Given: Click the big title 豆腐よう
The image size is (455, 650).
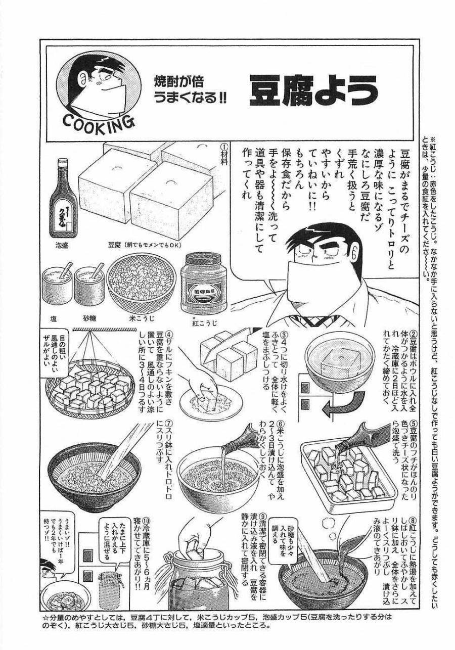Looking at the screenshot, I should pos(313,91).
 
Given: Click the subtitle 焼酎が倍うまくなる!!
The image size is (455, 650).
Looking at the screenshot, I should pos(190,91).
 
